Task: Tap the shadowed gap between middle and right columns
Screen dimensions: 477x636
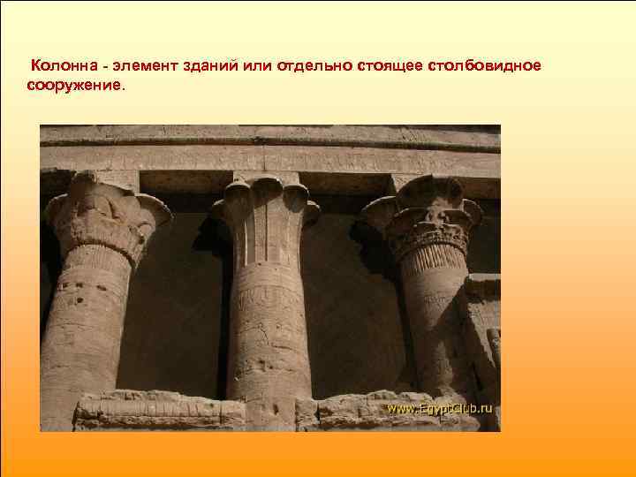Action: [x=353, y=309]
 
